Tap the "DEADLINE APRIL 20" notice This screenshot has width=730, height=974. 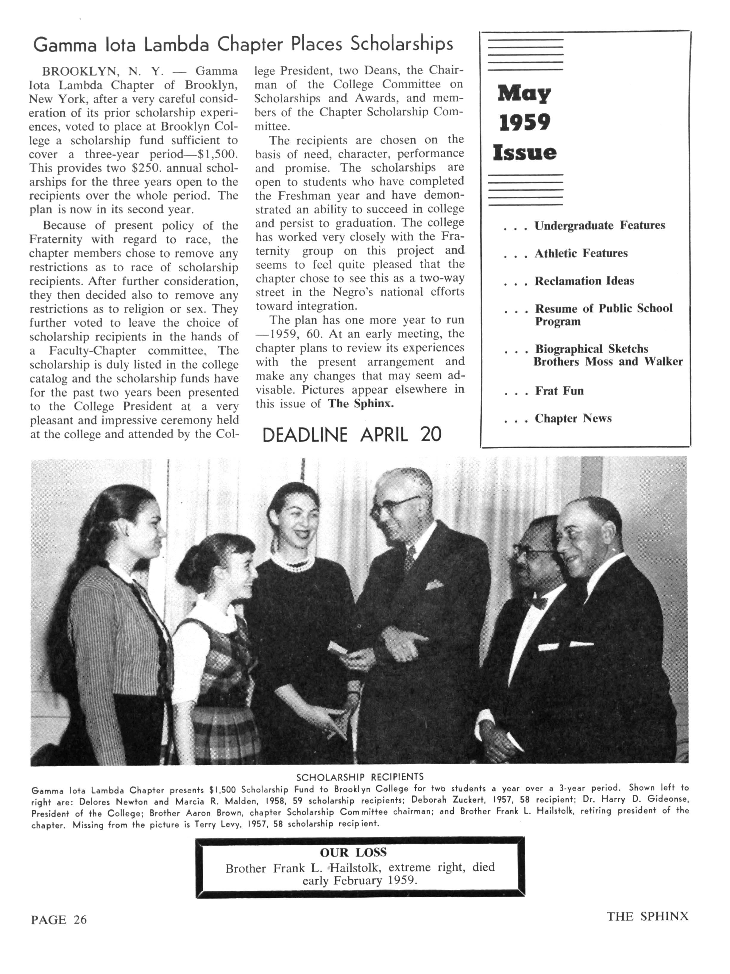351,435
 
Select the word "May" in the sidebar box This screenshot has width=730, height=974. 524,93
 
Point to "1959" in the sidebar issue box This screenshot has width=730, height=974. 524,123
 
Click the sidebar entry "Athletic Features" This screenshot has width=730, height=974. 581,253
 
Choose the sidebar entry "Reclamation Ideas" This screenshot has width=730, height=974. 584,281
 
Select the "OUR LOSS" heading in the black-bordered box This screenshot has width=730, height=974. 353,853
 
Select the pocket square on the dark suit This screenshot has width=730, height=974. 434,584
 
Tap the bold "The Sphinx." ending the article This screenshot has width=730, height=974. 361,403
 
